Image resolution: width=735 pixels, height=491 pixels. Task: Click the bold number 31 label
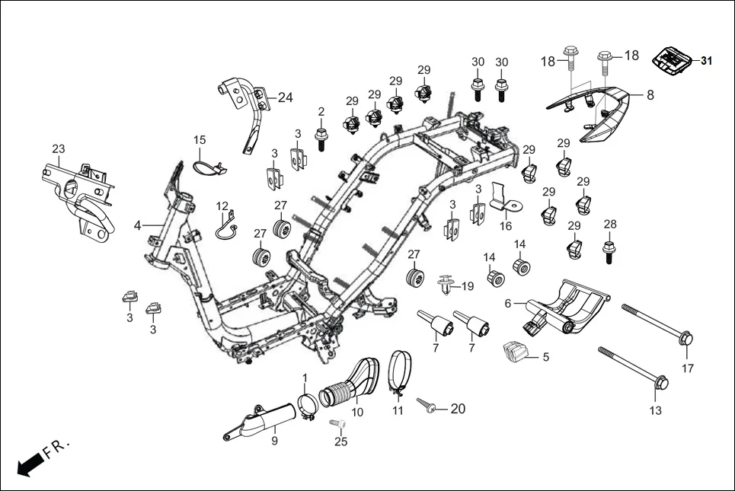point(707,61)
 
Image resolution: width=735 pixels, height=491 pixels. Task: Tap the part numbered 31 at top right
point(673,60)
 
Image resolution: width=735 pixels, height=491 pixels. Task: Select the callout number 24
point(285,97)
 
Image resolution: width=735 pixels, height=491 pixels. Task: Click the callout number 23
point(59,148)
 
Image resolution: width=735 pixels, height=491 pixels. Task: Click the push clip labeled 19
point(446,286)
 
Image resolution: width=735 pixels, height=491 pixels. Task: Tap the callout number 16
point(506,226)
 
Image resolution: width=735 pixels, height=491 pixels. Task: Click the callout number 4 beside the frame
point(138,225)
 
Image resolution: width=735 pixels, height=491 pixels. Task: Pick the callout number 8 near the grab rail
point(650,95)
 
